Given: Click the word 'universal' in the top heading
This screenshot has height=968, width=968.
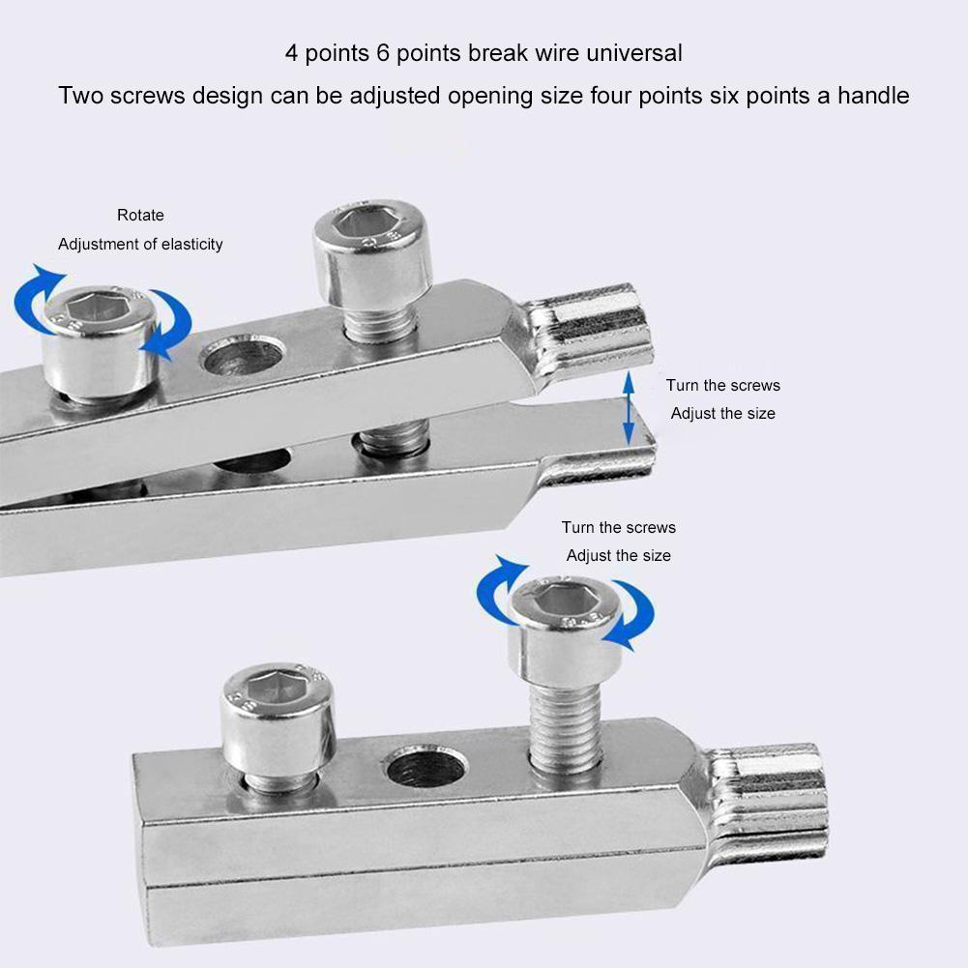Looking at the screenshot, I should tap(632, 52).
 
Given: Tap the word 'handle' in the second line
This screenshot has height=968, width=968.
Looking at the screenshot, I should tap(873, 96).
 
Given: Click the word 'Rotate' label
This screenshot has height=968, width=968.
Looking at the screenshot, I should tap(140, 215).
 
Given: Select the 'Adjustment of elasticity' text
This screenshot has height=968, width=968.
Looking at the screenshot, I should tap(140, 244).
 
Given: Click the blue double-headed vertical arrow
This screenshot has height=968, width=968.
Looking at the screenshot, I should tap(629, 407).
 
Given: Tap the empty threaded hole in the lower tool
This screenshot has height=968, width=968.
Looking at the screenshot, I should tap(426, 768).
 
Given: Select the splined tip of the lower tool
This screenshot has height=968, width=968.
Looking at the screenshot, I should tap(774, 793).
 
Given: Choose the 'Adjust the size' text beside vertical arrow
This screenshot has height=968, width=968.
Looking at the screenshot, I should tap(722, 413).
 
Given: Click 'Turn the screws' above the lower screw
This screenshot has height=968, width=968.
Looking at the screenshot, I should tap(618, 527).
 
